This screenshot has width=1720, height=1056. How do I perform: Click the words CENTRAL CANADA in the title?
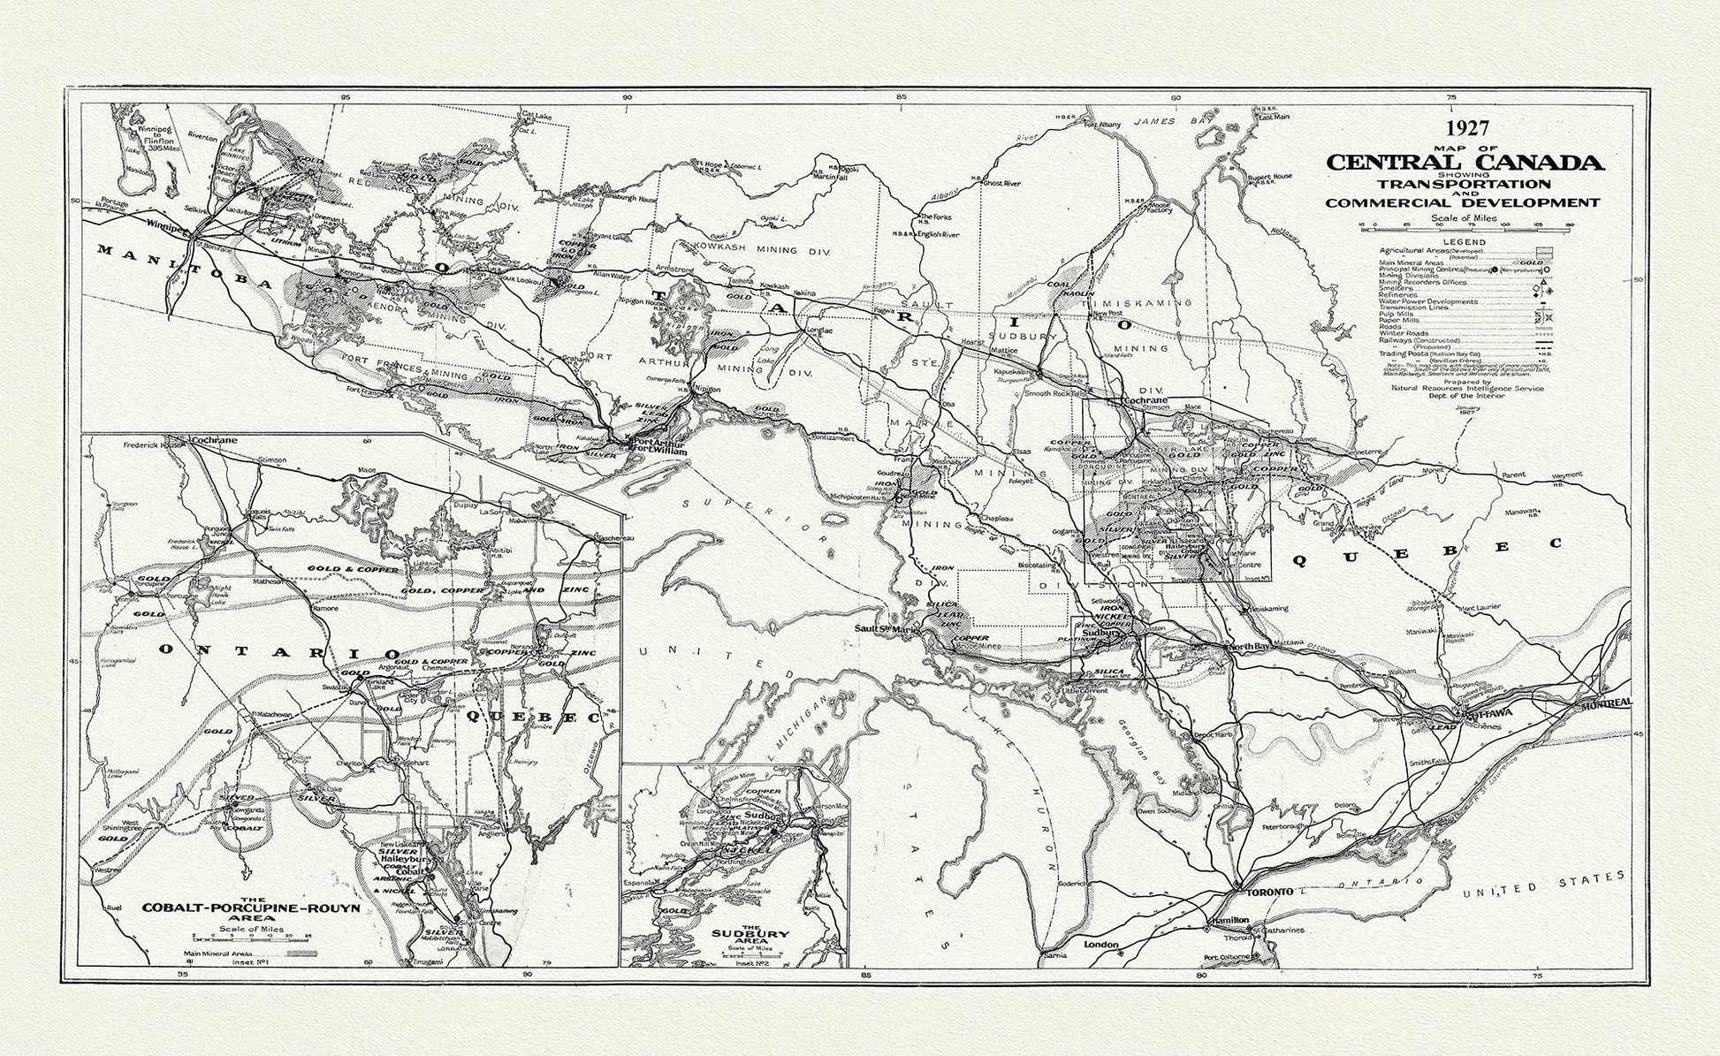[1465, 163]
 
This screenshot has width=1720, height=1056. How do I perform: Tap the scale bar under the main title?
[1465, 225]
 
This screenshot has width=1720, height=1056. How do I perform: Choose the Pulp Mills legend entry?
[1396, 314]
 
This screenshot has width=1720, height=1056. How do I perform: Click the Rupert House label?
[1269, 176]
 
